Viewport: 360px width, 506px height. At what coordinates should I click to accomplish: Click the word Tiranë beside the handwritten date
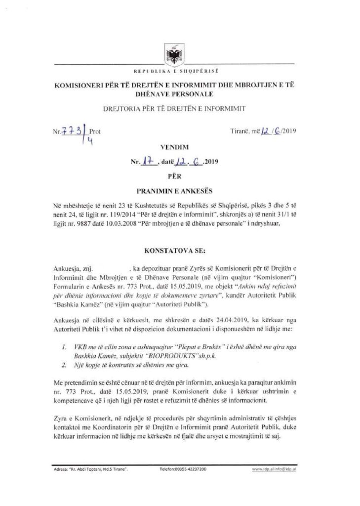[x=240, y=131]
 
